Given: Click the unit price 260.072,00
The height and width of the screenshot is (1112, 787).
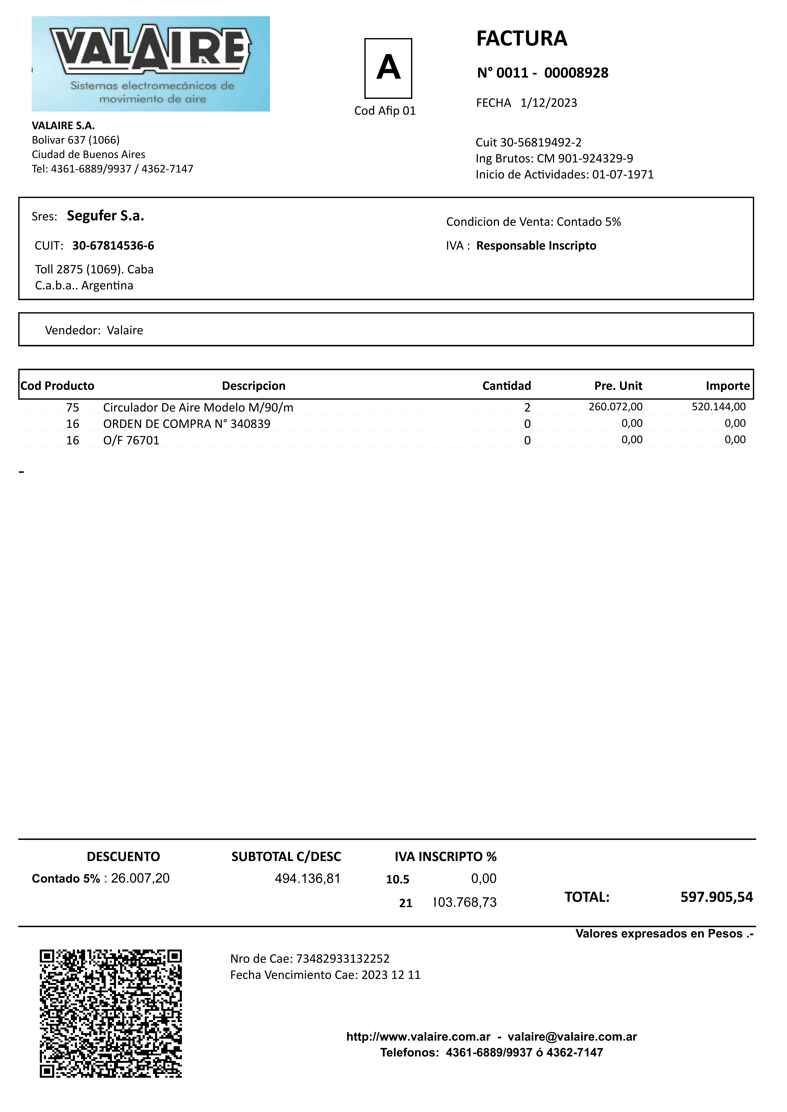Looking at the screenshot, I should pyautogui.click(x=615, y=407).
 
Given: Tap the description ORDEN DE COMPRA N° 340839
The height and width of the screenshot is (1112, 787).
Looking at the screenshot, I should pyautogui.click(x=187, y=424).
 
